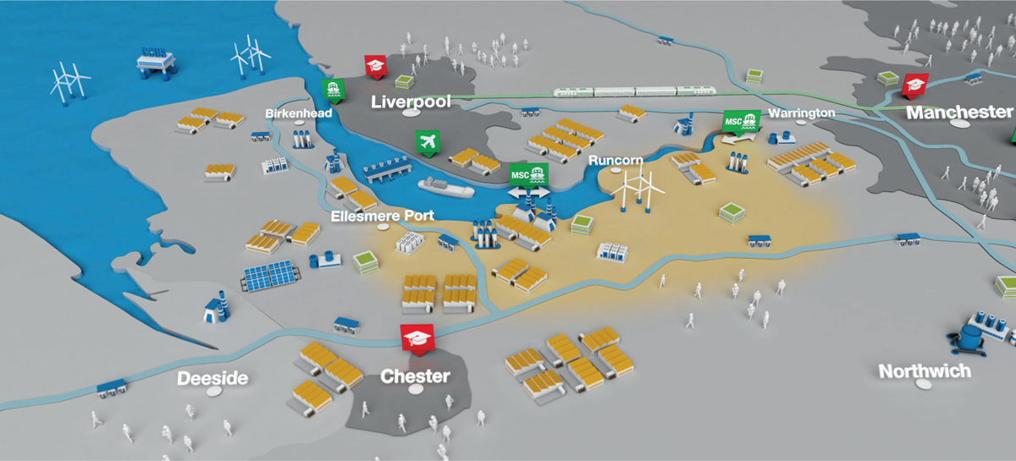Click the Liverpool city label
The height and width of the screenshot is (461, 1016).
[x=411, y=102]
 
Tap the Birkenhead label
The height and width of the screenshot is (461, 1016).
[x=298, y=113]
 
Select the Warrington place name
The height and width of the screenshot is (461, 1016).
[x=802, y=113]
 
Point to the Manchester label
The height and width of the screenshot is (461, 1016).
[x=959, y=112]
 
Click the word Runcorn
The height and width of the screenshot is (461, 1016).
[x=616, y=160]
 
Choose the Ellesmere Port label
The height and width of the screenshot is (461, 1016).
[x=383, y=216]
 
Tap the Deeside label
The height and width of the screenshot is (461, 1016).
[x=213, y=378]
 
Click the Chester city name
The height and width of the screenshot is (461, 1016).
[x=415, y=376]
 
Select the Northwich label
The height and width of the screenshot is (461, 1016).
[x=925, y=371]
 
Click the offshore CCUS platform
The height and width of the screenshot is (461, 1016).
[x=156, y=63]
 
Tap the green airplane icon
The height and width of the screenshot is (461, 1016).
[x=428, y=143]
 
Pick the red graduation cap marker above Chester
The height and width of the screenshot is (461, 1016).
[x=417, y=339]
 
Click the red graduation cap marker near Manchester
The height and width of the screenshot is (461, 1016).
[x=914, y=86]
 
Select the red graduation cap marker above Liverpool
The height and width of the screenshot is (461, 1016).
[x=376, y=67]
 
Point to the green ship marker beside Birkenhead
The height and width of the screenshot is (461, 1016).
[x=334, y=91]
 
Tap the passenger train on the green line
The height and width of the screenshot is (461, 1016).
[x=634, y=91]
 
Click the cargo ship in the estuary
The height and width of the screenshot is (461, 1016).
[x=446, y=187]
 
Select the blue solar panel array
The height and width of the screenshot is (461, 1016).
[x=271, y=275]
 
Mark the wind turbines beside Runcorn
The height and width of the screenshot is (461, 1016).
[x=638, y=188]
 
